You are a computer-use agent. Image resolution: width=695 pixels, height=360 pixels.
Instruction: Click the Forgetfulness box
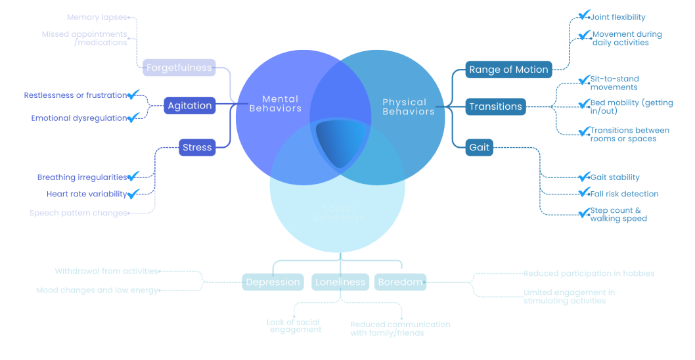pos(179,68)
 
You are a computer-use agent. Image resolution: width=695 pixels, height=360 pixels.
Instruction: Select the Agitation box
pos(190,106)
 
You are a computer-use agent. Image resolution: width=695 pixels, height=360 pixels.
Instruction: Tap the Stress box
pos(197,148)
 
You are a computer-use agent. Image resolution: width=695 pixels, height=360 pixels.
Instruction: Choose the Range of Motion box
pos(508,70)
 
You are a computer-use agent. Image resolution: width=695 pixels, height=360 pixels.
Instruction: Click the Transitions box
pos(495,106)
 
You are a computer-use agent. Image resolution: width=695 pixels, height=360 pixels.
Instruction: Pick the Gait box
pos(480,147)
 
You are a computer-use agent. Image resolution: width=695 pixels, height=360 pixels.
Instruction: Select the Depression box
pos(273,282)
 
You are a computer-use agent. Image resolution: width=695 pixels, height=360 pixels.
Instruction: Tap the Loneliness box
pos(340,282)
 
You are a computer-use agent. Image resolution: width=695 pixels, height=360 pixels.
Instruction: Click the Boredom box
pos(400,282)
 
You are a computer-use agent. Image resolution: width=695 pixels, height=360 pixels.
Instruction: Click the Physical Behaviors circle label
pos(408,106)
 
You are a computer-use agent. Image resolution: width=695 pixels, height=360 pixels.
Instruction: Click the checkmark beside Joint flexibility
pos(584,16)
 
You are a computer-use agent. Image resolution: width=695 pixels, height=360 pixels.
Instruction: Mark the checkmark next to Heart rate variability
pos(134,193)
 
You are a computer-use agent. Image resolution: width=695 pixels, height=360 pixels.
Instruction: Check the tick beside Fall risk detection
pos(584,192)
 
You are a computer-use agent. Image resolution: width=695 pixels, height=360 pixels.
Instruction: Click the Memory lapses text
pos(96,17)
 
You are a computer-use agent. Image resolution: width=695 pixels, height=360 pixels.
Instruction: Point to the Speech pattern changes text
pos(78,213)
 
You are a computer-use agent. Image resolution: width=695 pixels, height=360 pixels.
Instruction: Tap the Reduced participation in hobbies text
pos(589,273)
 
